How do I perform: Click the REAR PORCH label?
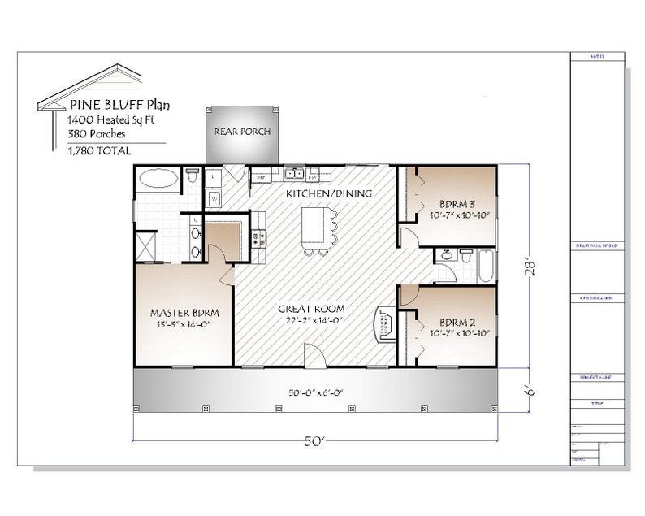pyautogui.click(x=242, y=132)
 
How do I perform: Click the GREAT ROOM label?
pyautogui.click(x=311, y=309)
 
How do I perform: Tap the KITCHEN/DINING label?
pyautogui.click(x=328, y=194)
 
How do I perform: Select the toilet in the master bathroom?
pyautogui.click(x=192, y=176)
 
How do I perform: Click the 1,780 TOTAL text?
pyautogui.click(x=100, y=150)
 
